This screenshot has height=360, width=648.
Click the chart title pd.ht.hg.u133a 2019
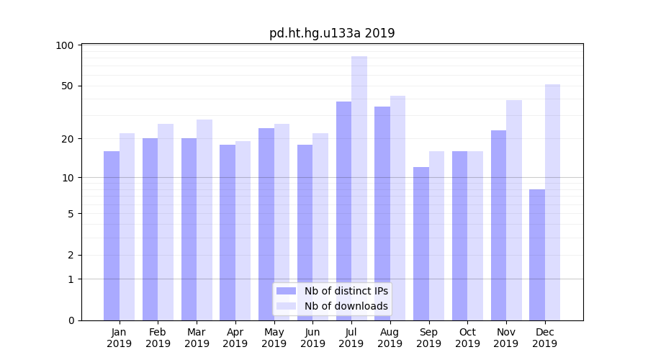pyautogui.click(x=332, y=33)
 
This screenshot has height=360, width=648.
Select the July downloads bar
pyautogui.click(x=359, y=188)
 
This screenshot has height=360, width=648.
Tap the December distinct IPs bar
pyautogui.click(x=537, y=255)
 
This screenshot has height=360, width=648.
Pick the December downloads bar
pyautogui.click(x=552, y=202)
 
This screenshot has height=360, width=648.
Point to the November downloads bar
pyautogui.click(x=514, y=210)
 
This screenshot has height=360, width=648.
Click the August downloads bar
pyautogui.click(x=397, y=208)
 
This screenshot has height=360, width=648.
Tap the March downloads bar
pyautogui.click(x=204, y=220)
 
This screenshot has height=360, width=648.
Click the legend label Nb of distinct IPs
pyautogui.click(x=346, y=291)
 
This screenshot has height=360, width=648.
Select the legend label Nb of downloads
pyautogui.click(x=346, y=306)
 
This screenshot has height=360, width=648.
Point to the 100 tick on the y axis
pyautogui.click(x=65, y=45)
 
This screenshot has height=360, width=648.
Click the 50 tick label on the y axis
pyautogui.click(x=67, y=86)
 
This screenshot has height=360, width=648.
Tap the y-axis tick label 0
pyautogui.click(x=71, y=320)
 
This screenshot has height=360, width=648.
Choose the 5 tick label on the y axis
pyautogui.click(x=71, y=214)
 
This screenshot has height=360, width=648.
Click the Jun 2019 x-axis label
pyautogui.click(x=312, y=338)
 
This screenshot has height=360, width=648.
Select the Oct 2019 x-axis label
pyautogui.click(x=467, y=338)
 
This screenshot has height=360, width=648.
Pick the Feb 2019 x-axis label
pyautogui.click(x=158, y=338)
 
